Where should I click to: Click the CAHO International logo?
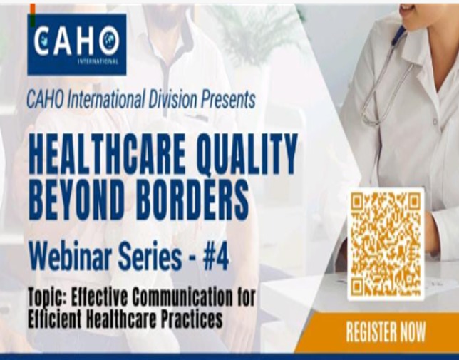point(77,44)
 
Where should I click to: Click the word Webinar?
point(71,257)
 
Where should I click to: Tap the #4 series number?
point(216,257)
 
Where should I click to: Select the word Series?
point(150,257)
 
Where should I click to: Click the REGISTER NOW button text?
point(386,331)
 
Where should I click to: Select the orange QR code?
point(386,244)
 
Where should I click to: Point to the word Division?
point(172,99)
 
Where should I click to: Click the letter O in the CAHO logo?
point(109,41)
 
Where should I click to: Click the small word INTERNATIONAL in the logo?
point(98,62)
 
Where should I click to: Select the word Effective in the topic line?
point(100,297)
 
